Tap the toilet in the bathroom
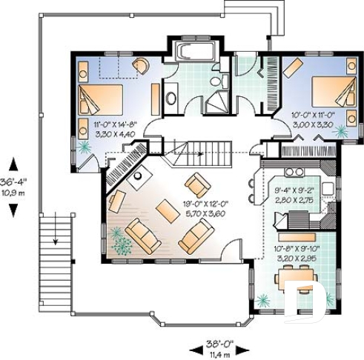click(x=215, y=81)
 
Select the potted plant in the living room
click(x=118, y=241)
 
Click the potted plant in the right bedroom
click(x=340, y=131)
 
